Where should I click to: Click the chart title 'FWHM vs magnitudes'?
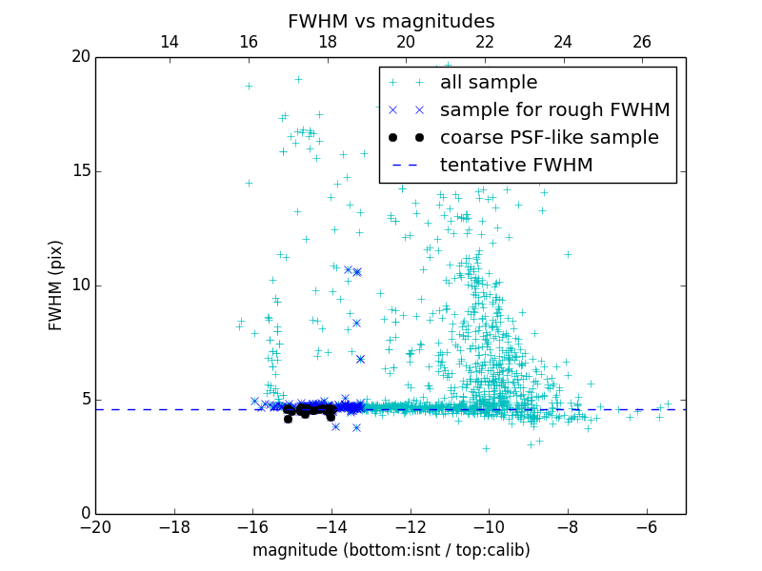[x=391, y=21]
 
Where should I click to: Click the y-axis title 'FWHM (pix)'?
[x=56, y=285]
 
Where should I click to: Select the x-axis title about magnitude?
[x=391, y=550]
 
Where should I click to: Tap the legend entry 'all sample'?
[x=488, y=83]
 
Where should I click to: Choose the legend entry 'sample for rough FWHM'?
[x=554, y=110]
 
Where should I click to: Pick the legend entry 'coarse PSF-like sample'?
[x=549, y=138]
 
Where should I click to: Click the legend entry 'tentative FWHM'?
[x=515, y=166]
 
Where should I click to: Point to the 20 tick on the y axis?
[x=80, y=57]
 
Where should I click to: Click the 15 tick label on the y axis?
[x=80, y=171]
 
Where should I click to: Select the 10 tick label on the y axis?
[x=80, y=285]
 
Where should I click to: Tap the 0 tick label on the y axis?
[x=85, y=514]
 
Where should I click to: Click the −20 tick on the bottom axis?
[x=95, y=527]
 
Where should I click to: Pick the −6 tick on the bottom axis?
[x=647, y=527]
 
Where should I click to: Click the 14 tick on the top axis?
[x=170, y=42]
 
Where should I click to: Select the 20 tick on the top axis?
[x=406, y=42]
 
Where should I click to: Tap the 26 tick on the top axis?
[x=642, y=42]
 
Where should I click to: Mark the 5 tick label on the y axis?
[x=85, y=400]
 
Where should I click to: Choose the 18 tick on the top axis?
[x=327, y=42]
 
